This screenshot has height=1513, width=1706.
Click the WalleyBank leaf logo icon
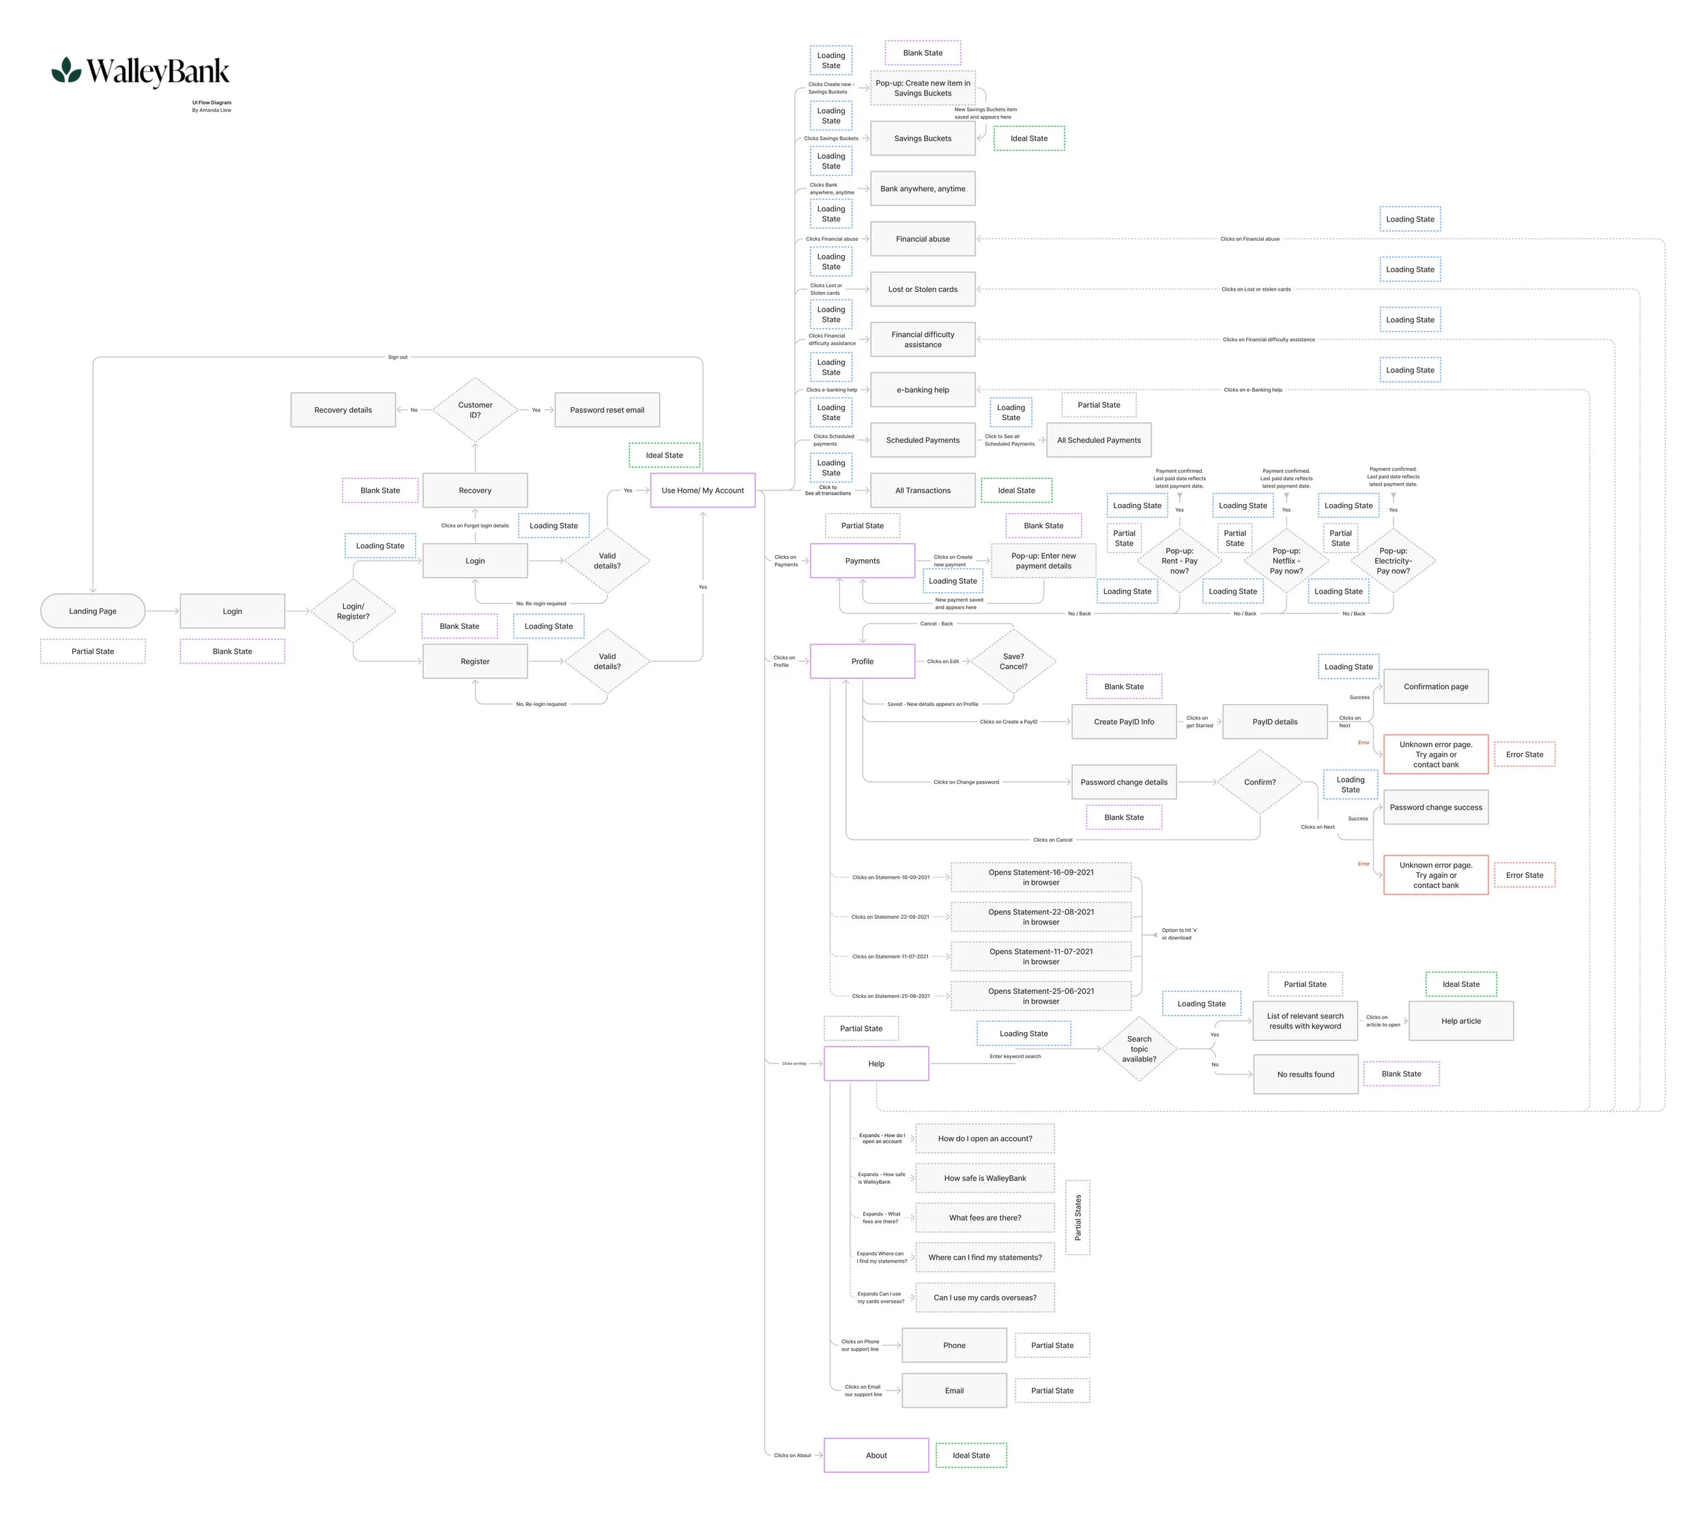click(x=66, y=70)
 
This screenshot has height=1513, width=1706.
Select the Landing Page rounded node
click(x=93, y=611)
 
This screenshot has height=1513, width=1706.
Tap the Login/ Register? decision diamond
click(x=353, y=611)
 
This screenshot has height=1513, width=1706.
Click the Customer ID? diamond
click(x=475, y=410)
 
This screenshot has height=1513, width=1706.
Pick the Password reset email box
click(x=607, y=410)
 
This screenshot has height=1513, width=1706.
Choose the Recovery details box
click(x=343, y=410)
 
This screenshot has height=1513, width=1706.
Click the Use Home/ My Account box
click(x=702, y=490)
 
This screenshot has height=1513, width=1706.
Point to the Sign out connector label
click(x=398, y=357)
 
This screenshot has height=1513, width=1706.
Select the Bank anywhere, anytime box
click(x=923, y=188)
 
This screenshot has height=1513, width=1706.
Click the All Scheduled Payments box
click(x=1099, y=440)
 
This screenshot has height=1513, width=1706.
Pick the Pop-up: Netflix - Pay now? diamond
click(x=1286, y=561)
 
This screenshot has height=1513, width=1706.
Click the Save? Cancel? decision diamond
click(x=1013, y=661)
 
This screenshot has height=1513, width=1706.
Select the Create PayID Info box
click(x=1123, y=722)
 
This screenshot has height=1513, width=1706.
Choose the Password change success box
click(x=1436, y=807)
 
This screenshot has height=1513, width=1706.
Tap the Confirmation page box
click(x=1436, y=686)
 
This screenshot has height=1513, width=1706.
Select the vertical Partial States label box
click(x=1078, y=1217)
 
